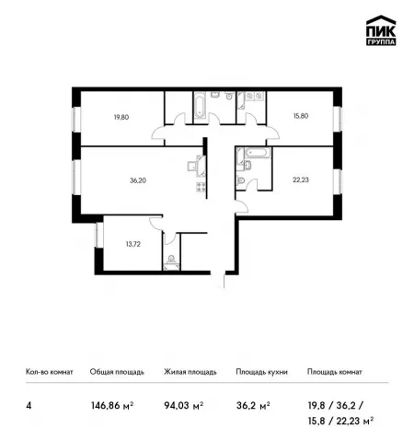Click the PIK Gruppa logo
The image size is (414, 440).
tap(381, 30)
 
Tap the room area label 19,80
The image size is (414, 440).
tap(121, 117)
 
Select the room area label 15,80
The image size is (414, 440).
tap(301, 116)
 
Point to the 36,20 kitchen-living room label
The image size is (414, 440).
tap(138, 180)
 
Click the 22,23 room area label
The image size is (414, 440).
tap(301, 179)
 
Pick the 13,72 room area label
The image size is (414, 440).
tap(133, 244)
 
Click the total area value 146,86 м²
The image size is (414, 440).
tap(112, 406)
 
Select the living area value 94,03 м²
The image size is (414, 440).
tap(184, 406)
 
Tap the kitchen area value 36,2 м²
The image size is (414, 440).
tap(253, 406)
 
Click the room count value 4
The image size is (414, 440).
tap(29, 406)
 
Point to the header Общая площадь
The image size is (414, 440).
tap(117, 372)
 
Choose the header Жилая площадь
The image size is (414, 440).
tap(190, 372)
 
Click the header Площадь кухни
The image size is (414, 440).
tap(262, 372)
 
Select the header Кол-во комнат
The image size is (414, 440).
tap(50, 372)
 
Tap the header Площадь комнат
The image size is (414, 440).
tap(335, 372)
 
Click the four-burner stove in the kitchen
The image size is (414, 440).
tap(201, 187)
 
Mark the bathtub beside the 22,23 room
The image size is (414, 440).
tap(258, 153)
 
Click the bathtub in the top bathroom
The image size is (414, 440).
tap(200, 105)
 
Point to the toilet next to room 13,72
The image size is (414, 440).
tap(171, 260)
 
